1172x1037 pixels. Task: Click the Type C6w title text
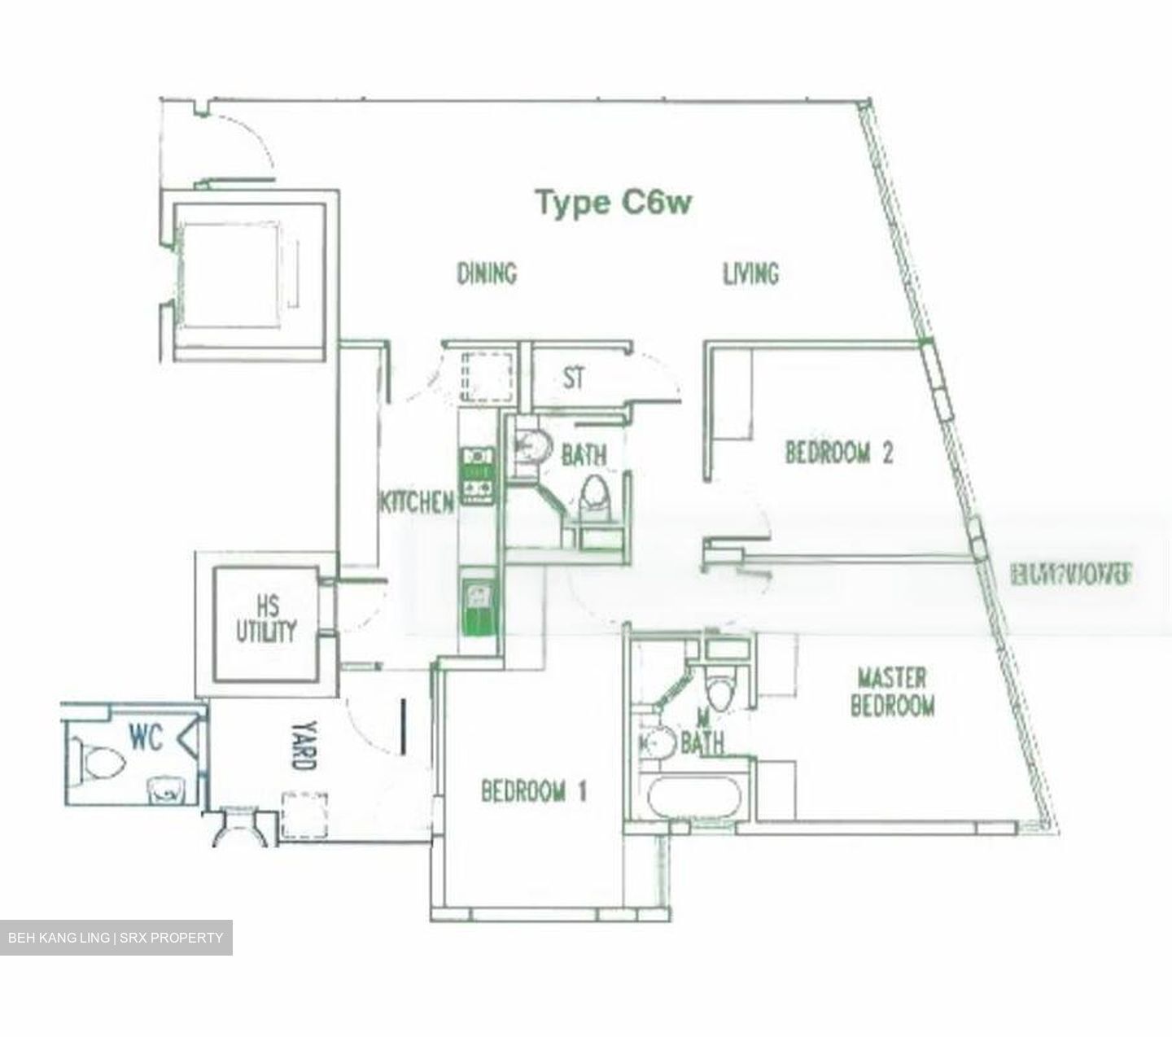click(613, 202)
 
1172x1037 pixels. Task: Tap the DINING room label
click(486, 273)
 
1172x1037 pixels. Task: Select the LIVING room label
click(750, 273)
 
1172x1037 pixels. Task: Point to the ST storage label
click(574, 378)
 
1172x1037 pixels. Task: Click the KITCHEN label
click(416, 502)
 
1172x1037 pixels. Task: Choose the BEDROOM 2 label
click(838, 452)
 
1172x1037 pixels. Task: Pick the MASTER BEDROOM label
click(892, 692)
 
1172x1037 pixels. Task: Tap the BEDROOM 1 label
click(533, 790)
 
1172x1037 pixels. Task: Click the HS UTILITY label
click(266, 619)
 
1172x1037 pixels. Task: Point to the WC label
click(146, 737)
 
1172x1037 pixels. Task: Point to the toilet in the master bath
click(720, 691)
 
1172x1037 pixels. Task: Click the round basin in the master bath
click(658, 742)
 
